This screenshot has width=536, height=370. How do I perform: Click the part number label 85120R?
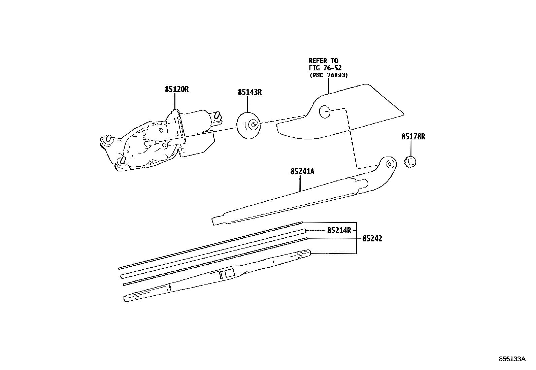tap(177, 90)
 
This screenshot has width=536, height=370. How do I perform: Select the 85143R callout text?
tap(249, 92)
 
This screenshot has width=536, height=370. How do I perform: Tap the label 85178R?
tap(413, 137)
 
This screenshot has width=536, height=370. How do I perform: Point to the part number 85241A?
tap(302, 172)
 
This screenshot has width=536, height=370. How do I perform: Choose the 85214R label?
tap(339, 231)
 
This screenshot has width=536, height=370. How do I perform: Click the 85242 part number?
tap(372, 239)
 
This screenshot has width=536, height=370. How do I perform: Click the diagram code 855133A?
tap(512, 359)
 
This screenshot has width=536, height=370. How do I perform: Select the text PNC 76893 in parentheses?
tap(328, 75)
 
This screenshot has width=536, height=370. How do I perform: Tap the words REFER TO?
tap(323, 61)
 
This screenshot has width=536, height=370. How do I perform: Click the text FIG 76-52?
tap(325, 68)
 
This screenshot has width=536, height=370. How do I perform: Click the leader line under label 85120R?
tap(175, 101)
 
